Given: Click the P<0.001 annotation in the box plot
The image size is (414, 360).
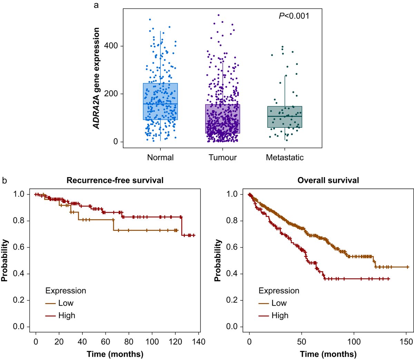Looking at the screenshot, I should click(294, 16).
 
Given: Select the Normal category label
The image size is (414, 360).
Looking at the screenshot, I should click(160, 158).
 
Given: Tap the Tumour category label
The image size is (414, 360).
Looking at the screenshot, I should click(223, 158).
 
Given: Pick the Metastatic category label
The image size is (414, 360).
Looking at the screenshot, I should click(285, 158).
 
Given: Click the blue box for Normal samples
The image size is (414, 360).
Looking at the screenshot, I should click(160, 101).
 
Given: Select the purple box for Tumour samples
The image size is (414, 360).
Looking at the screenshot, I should click(223, 119).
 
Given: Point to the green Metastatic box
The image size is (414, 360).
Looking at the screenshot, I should click(285, 117).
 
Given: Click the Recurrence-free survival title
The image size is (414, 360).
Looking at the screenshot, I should click(115, 180).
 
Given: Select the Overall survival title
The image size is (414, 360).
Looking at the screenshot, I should click(328, 180).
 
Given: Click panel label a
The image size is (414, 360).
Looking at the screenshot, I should click(96, 5).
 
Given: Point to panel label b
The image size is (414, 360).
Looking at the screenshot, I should click(4, 180).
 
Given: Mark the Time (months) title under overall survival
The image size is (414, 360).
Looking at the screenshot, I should click(328, 354).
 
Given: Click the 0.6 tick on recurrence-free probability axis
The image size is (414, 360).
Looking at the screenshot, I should click(19, 247).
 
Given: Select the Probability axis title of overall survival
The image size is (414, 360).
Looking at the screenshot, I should click(218, 261).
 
